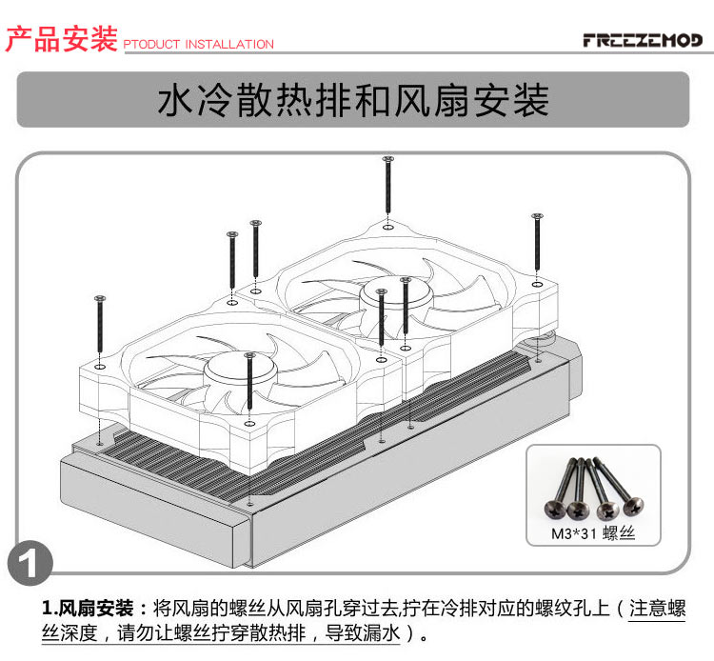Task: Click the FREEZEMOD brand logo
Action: [644, 40]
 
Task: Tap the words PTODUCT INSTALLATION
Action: [198, 45]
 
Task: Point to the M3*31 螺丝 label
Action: [592, 533]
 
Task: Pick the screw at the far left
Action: [99, 330]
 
